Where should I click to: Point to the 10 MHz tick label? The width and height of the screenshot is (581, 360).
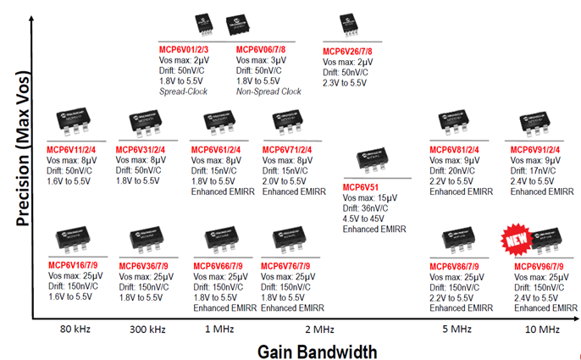tap(535, 329)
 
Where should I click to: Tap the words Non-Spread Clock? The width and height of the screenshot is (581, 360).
tap(268, 91)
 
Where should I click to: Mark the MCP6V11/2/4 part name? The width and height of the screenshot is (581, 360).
tap(74, 150)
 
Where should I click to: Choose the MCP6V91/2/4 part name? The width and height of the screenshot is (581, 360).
tap(539, 151)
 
